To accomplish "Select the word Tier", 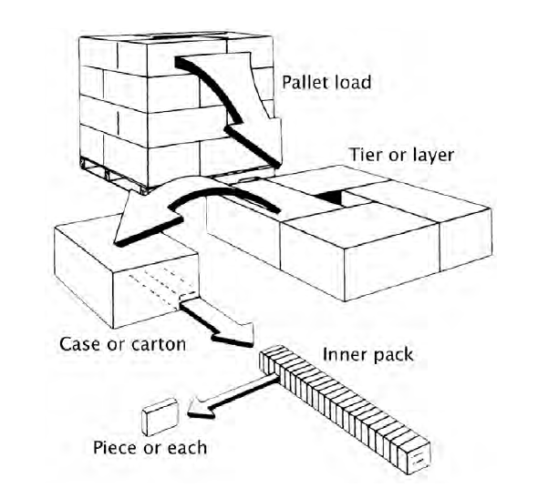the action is [x=366, y=155].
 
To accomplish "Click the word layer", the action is [x=433, y=156].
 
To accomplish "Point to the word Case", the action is [x=80, y=343].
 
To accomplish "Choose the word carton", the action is [x=159, y=344].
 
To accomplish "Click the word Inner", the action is [x=344, y=354].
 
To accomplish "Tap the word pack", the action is [x=393, y=355].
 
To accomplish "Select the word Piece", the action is [x=115, y=447].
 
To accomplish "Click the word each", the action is [x=187, y=447].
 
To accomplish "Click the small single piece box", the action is [x=160, y=416].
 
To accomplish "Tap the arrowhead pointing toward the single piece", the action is [x=201, y=408].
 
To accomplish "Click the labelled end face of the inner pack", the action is [x=419, y=457].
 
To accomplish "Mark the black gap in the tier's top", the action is [x=330, y=198].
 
